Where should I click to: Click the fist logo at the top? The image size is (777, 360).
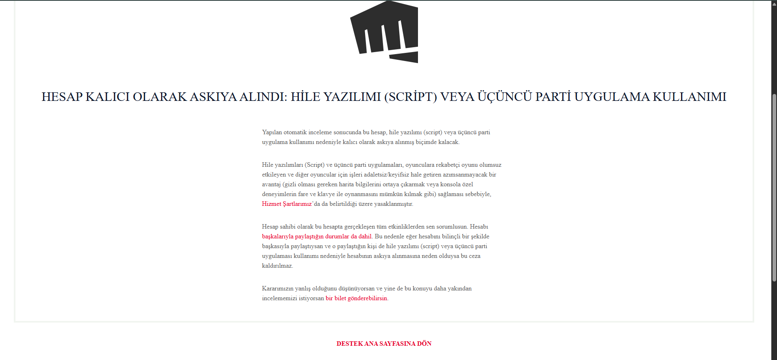pyautogui.click(x=384, y=32)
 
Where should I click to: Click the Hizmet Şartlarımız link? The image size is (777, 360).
pyautogui.click(x=287, y=204)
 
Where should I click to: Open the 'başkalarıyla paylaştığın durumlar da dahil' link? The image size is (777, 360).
pyautogui.click(x=316, y=236)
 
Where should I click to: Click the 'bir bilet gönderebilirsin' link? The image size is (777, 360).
pyautogui.click(x=356, y=298)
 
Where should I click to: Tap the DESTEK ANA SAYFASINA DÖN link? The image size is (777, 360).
pyautogui.click(x=384, y=344)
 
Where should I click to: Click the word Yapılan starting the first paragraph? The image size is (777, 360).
pyautogui.click(x=272, y=132)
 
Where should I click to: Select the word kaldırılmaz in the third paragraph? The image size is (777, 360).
pyautogui.click(x=277, y=266)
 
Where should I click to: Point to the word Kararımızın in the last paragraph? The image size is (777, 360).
pyautogui.click(x=277, y=288)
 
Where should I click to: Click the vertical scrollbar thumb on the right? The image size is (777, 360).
pyautogui.click(x=774, y=187)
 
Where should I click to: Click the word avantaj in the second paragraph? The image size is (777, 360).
pyautogui.click(x=271, y=184)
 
